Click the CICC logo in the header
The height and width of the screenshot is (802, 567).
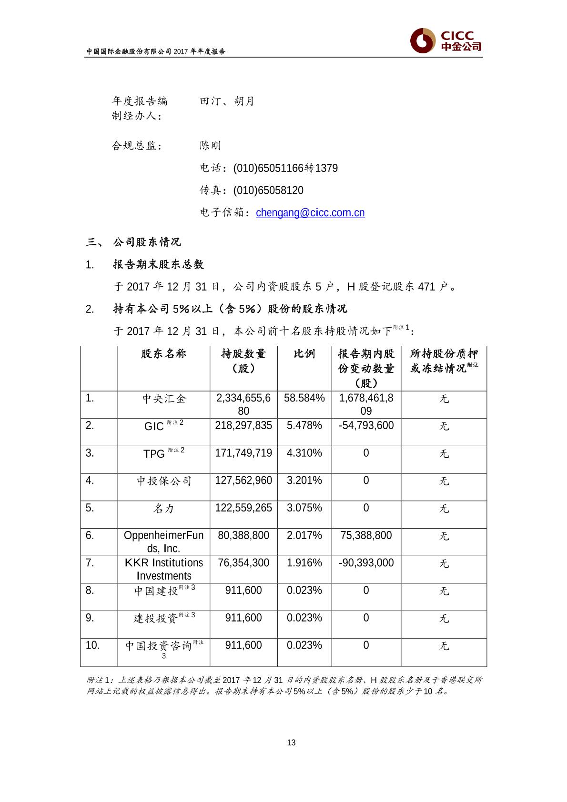point(446,41)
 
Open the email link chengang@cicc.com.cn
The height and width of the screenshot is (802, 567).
point(310,212)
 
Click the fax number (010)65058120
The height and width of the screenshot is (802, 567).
point(268,190)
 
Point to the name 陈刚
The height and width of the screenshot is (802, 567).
point(210,145)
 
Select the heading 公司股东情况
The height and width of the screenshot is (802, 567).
point(147,242)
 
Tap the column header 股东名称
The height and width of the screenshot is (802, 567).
point(163,353)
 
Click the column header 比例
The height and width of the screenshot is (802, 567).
point(304,353)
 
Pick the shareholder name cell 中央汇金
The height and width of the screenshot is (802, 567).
point(163,399)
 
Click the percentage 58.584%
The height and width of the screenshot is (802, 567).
point(304,398)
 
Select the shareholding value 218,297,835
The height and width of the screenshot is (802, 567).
point(243,425)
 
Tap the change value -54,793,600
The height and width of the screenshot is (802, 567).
point(366,425)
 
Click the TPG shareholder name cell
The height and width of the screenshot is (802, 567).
point(163,453)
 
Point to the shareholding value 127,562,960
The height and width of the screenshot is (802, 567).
point(243,481)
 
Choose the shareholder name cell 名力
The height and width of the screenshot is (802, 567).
point(163,509)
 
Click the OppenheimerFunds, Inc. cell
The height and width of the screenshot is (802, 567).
point(163,542)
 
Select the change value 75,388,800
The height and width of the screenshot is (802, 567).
point(366,535)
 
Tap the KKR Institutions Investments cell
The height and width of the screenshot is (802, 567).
point(163,569)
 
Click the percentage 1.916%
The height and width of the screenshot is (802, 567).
point(304,563)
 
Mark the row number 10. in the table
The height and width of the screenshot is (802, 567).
point(92,645)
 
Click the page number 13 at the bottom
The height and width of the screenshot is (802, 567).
point(292,742)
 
